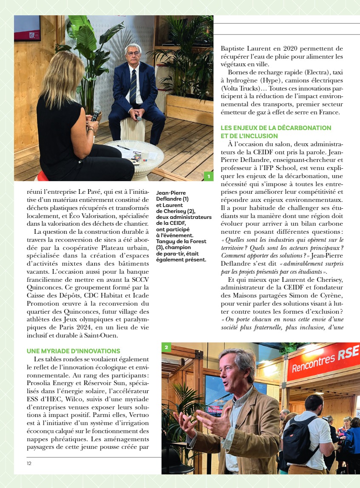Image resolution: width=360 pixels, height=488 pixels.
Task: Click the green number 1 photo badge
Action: point(208,176)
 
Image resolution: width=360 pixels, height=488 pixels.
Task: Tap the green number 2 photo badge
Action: point(166,347)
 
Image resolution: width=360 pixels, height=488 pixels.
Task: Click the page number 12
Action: point(29,463)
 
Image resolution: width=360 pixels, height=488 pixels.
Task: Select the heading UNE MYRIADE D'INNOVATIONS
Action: point(74,351)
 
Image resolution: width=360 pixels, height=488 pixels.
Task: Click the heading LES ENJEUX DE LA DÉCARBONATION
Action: point(276,128)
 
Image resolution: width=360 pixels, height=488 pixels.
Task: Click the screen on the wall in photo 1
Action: point(27,28)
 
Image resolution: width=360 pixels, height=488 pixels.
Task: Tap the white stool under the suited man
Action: point(133,130)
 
